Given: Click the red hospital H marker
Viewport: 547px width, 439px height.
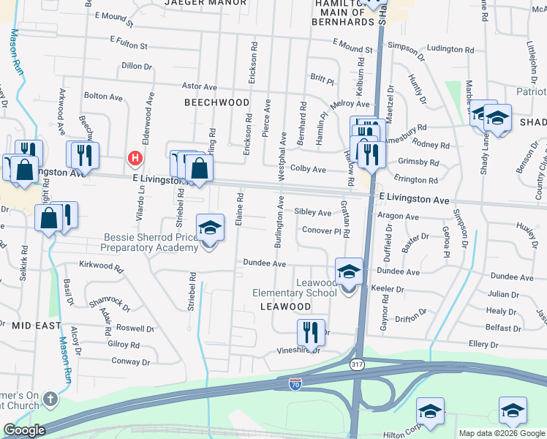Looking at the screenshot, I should pyautogui.click(x=135, y=157).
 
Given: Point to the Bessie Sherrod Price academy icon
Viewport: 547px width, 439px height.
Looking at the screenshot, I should pyautogui.click(x=210, y=228).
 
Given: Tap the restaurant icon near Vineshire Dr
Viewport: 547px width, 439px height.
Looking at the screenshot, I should pyautogui.click(x=311, y=333).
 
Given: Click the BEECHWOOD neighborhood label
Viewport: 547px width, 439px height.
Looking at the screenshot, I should pyautogui.click(x=216, y=102).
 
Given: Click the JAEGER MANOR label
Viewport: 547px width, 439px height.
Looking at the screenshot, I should pyautogui.click(x=205, y=3).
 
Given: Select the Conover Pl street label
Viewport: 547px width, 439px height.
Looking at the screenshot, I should pyautogui.click(x=322, y=230).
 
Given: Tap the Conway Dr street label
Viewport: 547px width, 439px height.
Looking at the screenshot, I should pyautogui.click(x=130, y=361).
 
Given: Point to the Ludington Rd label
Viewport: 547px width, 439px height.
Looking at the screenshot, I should pyautogui.click(x=450, y=49).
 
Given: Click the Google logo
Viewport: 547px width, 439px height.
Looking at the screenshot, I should pyautogui.click(x=25, y=430).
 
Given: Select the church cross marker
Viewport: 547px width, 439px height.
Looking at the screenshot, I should pyautogui.click(x=50, y=399).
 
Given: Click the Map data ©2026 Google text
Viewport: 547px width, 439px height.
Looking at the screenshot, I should pyautogui.click(x=501, y=433).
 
